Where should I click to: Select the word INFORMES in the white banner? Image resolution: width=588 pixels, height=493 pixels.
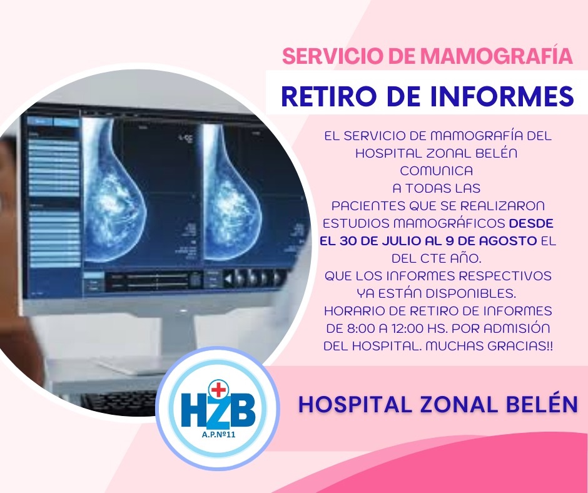coord(502,96)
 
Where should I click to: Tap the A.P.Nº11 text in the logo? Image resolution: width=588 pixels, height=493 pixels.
coord(218,435)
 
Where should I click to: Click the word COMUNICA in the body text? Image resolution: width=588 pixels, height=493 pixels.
coord(436,171)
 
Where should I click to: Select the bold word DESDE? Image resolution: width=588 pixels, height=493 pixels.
coord(531,223)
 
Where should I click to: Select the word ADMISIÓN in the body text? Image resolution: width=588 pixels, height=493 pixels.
coord(517,328)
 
